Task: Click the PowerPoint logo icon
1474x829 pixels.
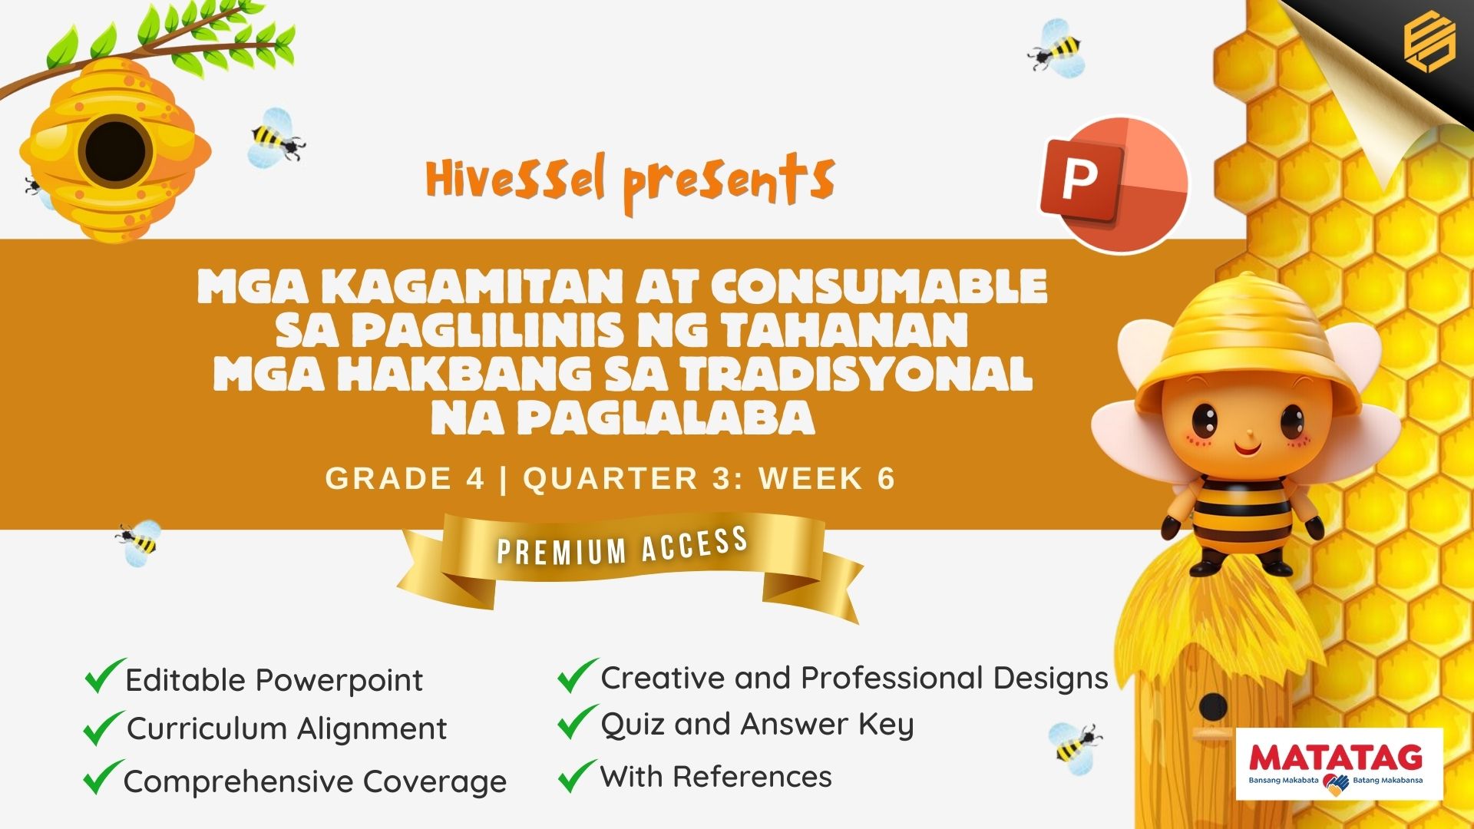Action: (x=1113, y=184)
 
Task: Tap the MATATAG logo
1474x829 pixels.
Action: (x=1340, y=765)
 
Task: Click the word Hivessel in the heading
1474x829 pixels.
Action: (x=516, y=179)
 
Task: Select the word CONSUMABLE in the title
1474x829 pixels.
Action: (x=879, y=286)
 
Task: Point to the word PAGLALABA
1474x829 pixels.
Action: (x=623, y=418)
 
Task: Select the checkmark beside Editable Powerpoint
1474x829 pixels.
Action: (x=104, y=675)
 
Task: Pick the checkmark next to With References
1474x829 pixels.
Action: (x=577, y=775)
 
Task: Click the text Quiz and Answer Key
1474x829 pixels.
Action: (x=757, y=725)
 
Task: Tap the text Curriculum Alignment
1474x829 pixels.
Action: (x=286, y=729)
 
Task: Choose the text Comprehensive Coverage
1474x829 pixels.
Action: (x=315, y=781)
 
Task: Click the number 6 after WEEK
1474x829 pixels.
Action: (x=886, y=478)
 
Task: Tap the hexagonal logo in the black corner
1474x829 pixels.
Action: (x=1429, y=43)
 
